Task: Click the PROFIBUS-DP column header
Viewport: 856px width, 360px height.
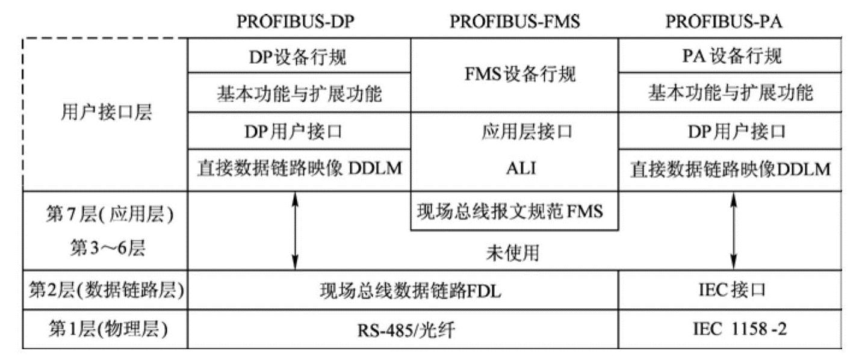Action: (296, 20)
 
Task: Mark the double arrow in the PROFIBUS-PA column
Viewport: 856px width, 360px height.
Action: (733, 231)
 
